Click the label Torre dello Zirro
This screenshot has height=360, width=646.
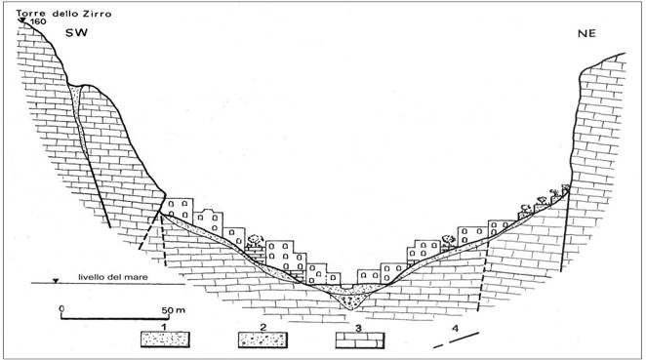[63, 14]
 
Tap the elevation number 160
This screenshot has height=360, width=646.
[37, 21]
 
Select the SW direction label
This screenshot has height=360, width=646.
[77, 32]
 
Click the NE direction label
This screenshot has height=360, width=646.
[586, 33]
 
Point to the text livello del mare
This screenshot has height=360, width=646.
[113, 277]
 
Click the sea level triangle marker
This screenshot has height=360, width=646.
[56, 281]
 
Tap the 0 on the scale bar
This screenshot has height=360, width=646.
[61, 308]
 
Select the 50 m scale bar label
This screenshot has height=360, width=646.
[173, 309]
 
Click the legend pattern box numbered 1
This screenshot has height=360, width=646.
[165, 340]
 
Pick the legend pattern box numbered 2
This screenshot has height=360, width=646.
[262, 340]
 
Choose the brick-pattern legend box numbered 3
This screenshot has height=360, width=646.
[360, 340]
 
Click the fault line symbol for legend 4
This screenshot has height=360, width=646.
[457, 340]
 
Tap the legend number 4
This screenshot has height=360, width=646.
[455, 328]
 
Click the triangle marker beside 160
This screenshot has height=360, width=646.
[22, 20]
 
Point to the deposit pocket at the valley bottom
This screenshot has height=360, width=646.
[350, 299]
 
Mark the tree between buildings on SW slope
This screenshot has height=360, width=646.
[256, 240]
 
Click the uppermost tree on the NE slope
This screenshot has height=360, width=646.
[566, 188]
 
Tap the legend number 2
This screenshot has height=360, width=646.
[262, 328]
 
